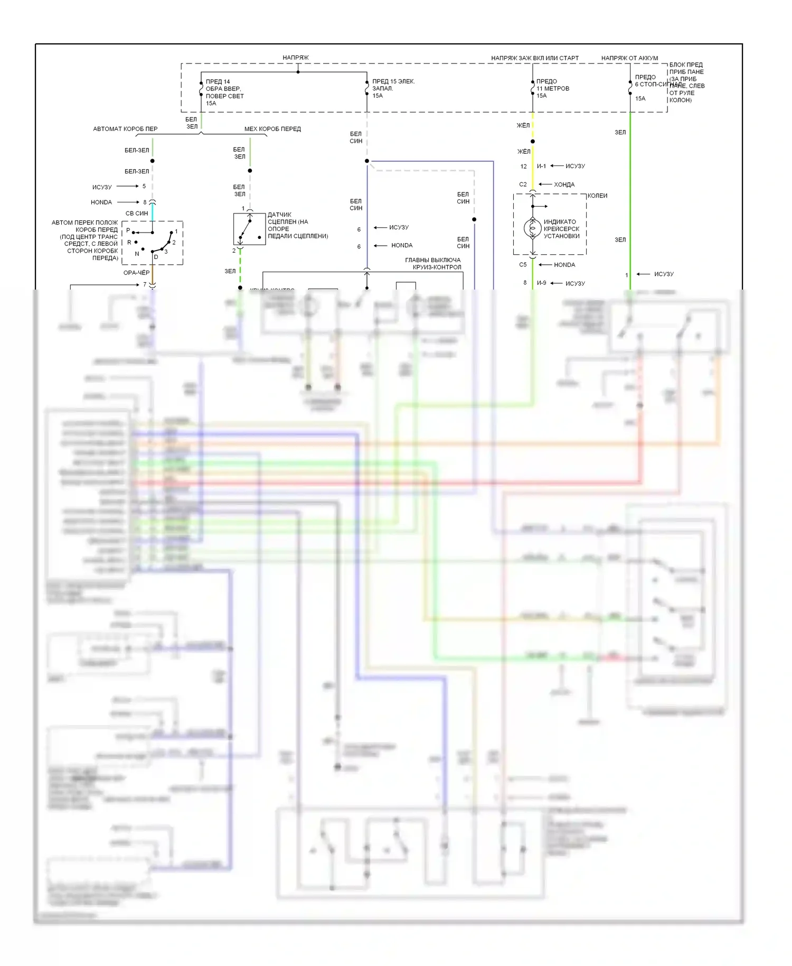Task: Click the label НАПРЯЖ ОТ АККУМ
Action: click(x=629, y=58)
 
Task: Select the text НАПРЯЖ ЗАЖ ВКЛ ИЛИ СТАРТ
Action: click(x=534, y=58)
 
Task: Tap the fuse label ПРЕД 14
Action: click(x=218, y=82)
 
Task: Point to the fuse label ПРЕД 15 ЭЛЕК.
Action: click(x=393, y=81)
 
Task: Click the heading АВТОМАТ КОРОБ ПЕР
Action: click(x=125, y=129)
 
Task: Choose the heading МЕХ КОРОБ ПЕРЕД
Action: click(x=272, y=129)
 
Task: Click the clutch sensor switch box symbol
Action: click(x=249, y=229)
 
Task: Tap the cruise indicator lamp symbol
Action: click(x=532, y=228)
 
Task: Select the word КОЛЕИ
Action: click(x=597, y=196)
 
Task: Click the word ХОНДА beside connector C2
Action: click(x=564, y=184)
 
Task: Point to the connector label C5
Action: click(x=523, y=265)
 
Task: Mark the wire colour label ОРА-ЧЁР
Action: click(x=136, y=273)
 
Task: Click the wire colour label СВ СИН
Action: click(x=137, y=213)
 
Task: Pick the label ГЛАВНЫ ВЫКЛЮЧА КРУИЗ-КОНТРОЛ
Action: click(x=433, y=264)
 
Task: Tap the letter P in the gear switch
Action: click(x=128, y=230)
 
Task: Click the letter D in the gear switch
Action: click(x=156, y=257)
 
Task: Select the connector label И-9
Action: click(x=541, y=283)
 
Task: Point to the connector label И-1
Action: click(x=541, y=166)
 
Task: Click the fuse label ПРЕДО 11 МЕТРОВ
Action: click(x=552, y=88)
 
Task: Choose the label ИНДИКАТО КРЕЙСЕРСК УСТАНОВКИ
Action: click(x=561, y=229)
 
